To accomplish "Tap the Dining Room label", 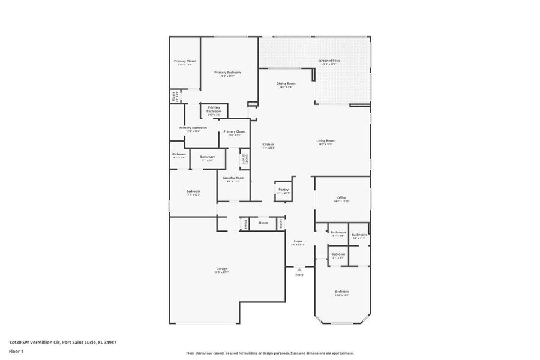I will pyautogui.click(x=286, y=83).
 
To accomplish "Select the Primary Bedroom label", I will pyautogui.click(x=227, y=73).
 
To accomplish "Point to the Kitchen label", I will pyautogui.click(x=268, y=145).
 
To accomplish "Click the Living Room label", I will pyautogui.click(x=325, y=141).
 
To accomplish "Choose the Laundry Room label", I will pyautogui.click(x=233, y=178).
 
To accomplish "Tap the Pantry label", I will pyautogui.click(x=284, y=190).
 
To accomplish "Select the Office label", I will pyautogui.click(x=341, y=197).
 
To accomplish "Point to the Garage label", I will pyautogui.click(x=221, y=269).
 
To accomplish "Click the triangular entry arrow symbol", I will pyautogui.click(x=299, y=269).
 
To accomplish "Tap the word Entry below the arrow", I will pyautogui.click(x=299, y=275).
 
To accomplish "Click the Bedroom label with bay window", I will pyautogui.click(x=341, y=292).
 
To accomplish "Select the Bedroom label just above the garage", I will pyautogui.click(x=193, y=191).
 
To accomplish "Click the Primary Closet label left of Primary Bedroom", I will pyautogui.click(x=185, y=61).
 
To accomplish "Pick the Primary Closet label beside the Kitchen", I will pyautogui.click(x=235, y=131).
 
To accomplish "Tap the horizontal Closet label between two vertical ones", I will pyautogui.click(x=263, y=223).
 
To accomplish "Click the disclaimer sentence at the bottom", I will pyautogui.click(x=270, y=353).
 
